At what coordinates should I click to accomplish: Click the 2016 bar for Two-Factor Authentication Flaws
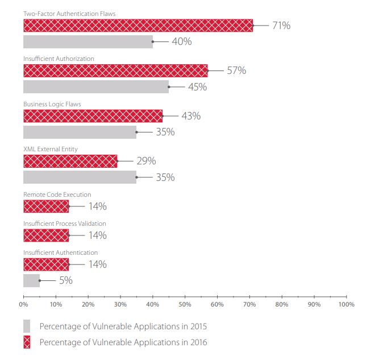tap(138, 25)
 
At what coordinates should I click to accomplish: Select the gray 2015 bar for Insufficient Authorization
tap(95, 87)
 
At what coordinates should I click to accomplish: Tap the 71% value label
tap(281, 26)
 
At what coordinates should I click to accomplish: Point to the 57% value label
tap(236, 71)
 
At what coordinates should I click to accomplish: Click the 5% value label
tap(66, 280)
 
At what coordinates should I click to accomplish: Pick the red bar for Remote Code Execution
tap(46, 206)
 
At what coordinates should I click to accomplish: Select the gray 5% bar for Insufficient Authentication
tap(31, 280)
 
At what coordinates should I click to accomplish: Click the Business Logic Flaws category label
tap(52, 104)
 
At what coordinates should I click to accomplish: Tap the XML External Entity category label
tap(51, 149)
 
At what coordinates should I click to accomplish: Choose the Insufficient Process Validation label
tap(64, 224)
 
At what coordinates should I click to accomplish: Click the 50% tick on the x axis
tap(185, 304)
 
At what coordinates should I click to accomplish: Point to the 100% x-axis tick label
tap(345, 304)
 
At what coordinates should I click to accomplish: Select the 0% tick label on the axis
tap(23, 304)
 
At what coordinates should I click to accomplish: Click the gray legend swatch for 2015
tap(27, 326)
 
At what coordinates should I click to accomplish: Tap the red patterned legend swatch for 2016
tap(27, 342)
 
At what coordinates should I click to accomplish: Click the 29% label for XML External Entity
tap(146, 161)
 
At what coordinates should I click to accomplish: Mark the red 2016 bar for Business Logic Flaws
tap(93, 116)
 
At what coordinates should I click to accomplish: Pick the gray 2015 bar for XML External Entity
tap(80, 177)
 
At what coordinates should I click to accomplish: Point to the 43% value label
tap(191, 116)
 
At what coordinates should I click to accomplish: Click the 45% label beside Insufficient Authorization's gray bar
tap(197, 87)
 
